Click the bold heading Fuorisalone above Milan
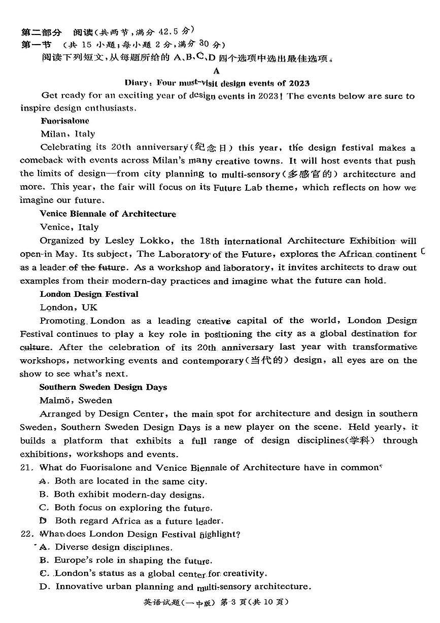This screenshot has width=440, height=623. pyautogui.click(x=64, y=121)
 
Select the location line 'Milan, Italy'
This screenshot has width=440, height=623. pyautogui.click(x=67, y=134)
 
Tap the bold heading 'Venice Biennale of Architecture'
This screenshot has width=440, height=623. pyautogui.click(x=108, y=214)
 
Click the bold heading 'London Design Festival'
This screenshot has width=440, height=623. pyautogui.click(x=89, y=294)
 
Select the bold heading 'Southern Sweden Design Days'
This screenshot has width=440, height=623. pyautogui.click(x=103, y=387)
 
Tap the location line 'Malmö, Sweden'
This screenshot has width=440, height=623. pyautogui.click(x=76, y=400)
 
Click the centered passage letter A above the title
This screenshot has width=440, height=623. pyautogui.click(x=217, y=71)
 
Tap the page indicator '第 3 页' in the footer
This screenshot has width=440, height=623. pyautogui.click(x=249, y=602)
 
